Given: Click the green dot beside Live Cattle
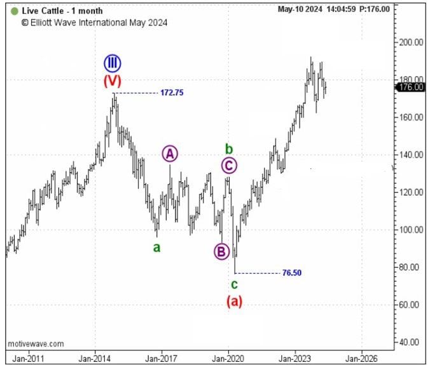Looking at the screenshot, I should [15, 11].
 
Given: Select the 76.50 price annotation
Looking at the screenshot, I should [291, 273].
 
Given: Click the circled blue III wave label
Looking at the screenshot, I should [113, 63].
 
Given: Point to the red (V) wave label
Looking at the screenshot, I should [113, 81].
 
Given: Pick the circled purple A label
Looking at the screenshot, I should [169, 153].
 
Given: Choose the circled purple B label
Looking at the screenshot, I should [221, 251].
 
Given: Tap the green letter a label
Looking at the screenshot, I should [156, 248].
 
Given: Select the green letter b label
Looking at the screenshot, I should [230, 149].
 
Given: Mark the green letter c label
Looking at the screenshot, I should [234, 284].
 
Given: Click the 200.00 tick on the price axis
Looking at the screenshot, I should [412, 42].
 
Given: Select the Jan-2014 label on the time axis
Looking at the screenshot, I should [95, 357].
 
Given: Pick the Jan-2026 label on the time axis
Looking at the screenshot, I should [362, 357].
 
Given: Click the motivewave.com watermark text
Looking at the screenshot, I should [36, 343].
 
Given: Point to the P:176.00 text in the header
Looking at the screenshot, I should [375, 10].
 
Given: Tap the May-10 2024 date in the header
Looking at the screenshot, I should [300, 10].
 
